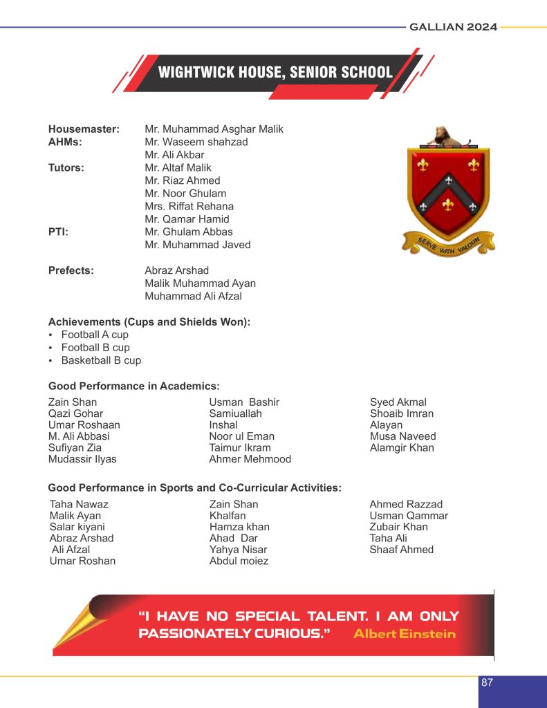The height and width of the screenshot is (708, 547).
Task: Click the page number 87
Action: click(x=487, y=682)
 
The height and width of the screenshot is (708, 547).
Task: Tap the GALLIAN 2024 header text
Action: click(x=453, y=27)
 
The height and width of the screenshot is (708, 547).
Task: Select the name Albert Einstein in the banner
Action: click(x=405, y=633)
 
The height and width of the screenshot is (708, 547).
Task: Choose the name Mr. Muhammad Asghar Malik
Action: click(x=214, y=129)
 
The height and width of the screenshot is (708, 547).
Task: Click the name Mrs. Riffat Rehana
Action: click(x=189, y=206)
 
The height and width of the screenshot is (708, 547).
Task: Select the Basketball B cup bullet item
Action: click(x=101, y=360)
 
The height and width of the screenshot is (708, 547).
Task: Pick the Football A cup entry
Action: click(x=95, y=335)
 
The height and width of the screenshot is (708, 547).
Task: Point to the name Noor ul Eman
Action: click(x=241, y=436)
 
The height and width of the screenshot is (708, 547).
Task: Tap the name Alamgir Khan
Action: click(x=402, y=447)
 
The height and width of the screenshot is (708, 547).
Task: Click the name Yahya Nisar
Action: click(x=238, y=550)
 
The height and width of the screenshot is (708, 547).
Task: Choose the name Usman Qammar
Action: click(x=409, y=516)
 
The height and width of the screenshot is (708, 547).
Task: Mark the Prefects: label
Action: click(x=71, y=270)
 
